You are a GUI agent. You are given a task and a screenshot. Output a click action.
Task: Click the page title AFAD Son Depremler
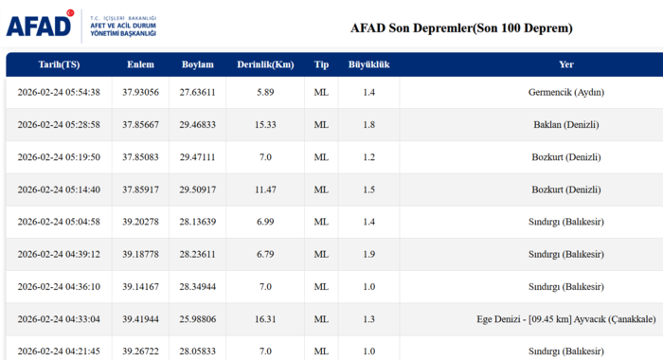point(461,27)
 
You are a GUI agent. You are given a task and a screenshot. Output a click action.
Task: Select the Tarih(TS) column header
point(58,64)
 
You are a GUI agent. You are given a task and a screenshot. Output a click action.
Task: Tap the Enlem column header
point(140,64)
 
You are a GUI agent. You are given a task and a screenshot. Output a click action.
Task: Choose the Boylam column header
point(198,64)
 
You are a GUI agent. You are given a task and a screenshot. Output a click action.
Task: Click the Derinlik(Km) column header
point(265,64)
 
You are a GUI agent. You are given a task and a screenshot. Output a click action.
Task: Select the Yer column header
point(565,64)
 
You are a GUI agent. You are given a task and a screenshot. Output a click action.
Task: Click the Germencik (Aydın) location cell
point(565,92)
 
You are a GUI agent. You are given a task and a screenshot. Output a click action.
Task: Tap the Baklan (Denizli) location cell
point(565,124)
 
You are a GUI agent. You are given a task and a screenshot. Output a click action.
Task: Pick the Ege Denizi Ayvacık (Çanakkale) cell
point(565,318)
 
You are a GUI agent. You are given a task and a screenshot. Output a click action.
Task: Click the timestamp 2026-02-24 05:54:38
point(59,92)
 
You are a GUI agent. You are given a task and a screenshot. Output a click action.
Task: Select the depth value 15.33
point(265,124)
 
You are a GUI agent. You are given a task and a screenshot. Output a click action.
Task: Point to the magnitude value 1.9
point(368,254)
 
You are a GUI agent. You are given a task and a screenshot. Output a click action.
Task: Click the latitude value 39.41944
point(140,318)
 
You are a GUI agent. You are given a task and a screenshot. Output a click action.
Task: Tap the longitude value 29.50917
point(198,189)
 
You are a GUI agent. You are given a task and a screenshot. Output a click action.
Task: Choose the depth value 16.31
point(265,318)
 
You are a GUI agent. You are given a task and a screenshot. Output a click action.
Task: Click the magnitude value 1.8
point(368,124)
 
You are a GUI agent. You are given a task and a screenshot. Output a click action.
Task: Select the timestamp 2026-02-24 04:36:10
point(59,286)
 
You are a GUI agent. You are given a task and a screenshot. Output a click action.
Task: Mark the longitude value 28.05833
point(198,351)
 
